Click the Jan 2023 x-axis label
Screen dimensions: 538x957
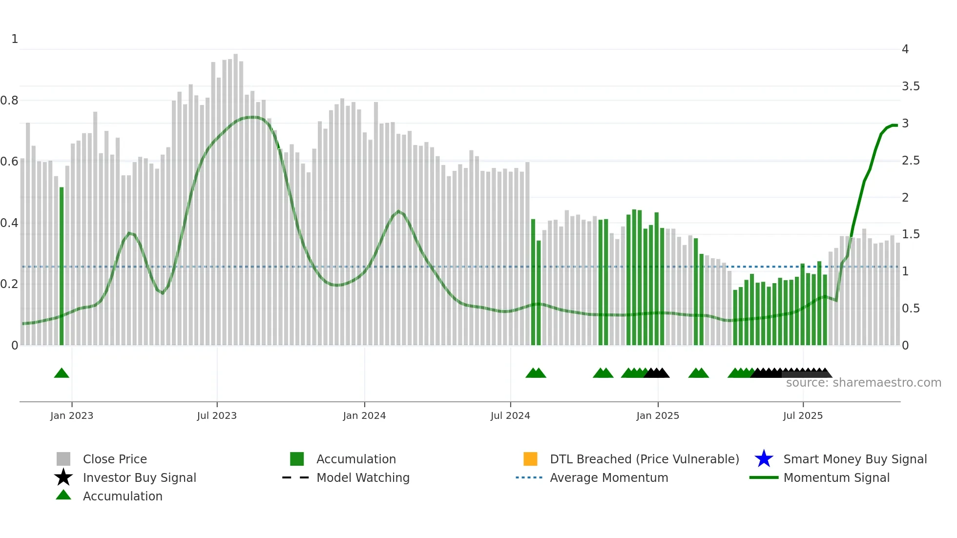point(71,415)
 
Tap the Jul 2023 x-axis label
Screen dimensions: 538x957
point(217,415)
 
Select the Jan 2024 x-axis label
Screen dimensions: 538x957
point(364,415)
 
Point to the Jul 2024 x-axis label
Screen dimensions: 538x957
point(510,415)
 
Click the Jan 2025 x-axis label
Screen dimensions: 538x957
point(658,415)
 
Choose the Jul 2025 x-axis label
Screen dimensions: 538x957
point(803,415)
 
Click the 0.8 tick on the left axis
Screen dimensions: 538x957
point(9,101)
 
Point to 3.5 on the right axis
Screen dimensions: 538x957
point(911,86)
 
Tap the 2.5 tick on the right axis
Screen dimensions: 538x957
point(911,161)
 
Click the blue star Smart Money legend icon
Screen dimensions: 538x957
point(764,459)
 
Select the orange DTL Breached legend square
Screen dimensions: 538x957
point(530,459)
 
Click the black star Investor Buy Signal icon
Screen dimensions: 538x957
point(63,477)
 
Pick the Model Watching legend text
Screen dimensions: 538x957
point(363,477)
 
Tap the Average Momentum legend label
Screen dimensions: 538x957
point(609,477)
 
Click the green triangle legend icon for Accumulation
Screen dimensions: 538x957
point(63,495)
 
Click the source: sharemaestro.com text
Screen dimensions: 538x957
point(863,383)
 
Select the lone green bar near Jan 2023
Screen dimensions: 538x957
point(62,266)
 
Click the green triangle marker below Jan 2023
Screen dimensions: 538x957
point(62,373)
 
